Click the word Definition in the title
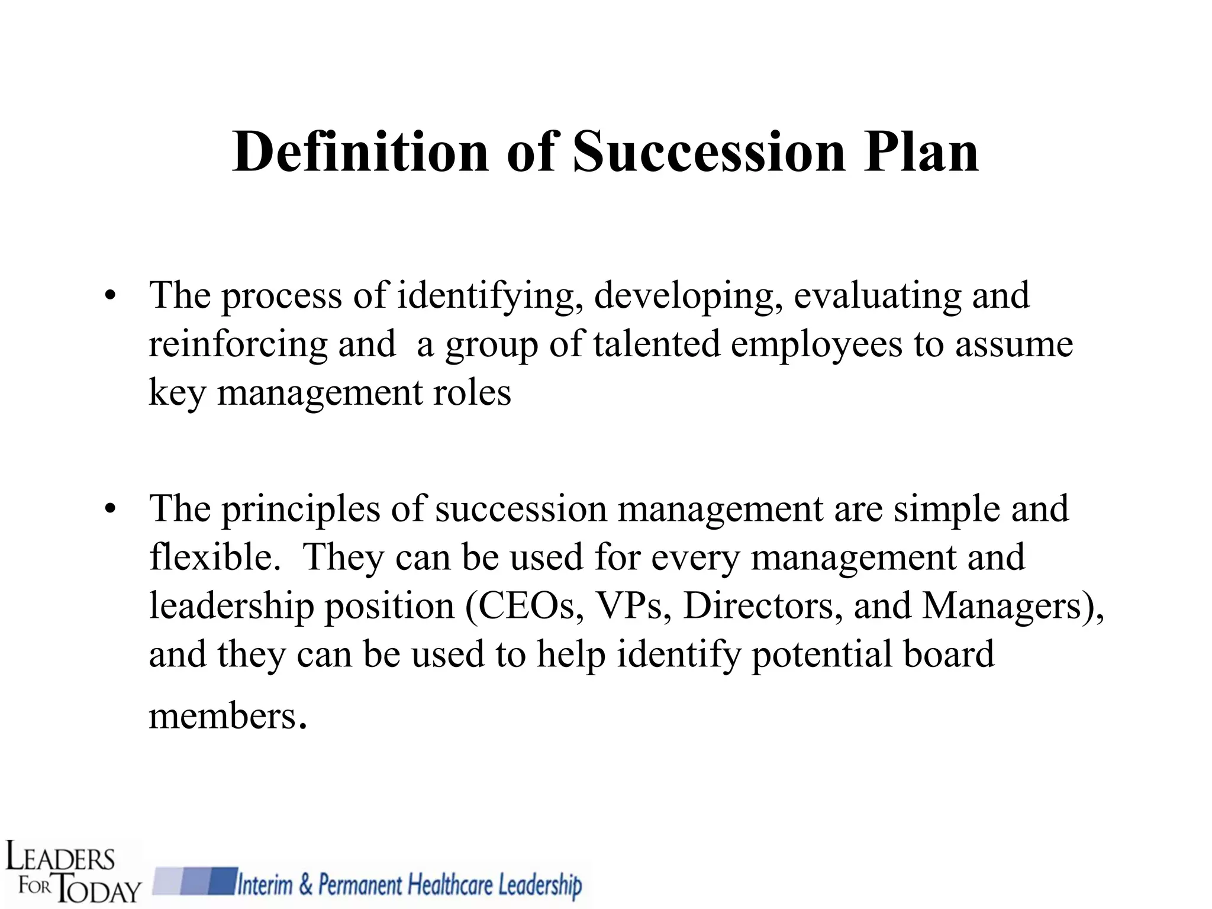click(360, 152)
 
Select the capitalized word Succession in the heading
click(709, 152)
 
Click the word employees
click(817, 344)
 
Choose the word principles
click(301, 509)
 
